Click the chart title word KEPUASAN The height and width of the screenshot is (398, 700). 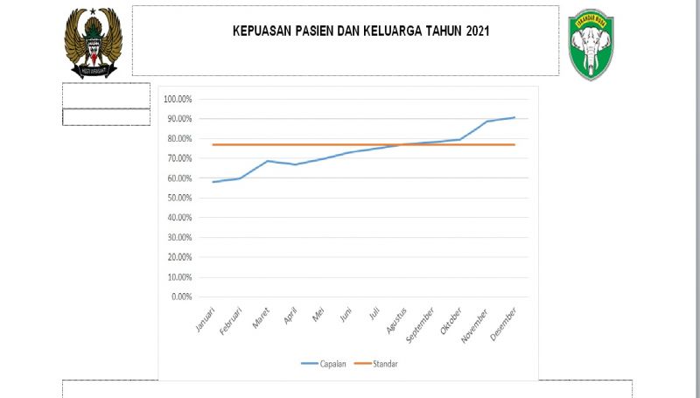pyautogui.click(x=263, y=31)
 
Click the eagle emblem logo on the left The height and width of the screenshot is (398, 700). pyautogui.click(x=94, y=41)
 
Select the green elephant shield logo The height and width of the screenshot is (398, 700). pyautogui.click(x=591, y=45)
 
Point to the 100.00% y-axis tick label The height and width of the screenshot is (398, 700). pyautogui.click(x=177, y=99)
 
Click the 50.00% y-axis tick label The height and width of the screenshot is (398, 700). pyautogui.click(x=178, y=198)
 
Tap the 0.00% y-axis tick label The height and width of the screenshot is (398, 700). pyautogui.click(x=180, y=297)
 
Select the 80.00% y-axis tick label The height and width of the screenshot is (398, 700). pyautogui.click(x=178, y=138)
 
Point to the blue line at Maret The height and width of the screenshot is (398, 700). pyautogui.click(x=268, y=161)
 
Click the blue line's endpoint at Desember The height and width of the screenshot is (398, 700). pyautogui.click(x=514, y=117)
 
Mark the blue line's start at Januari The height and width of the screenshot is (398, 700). pyautogui.click(x=213, y=182)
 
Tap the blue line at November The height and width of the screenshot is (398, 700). pyautogui.click(x=487, y=122)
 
